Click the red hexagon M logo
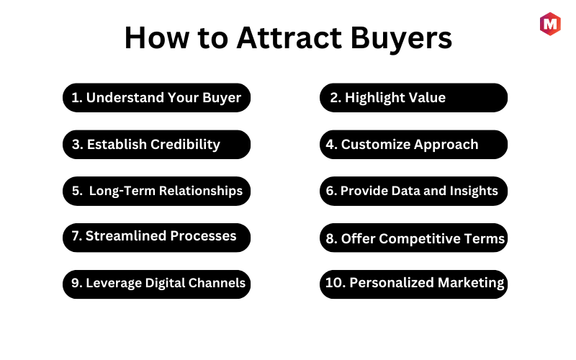tap(550, 24)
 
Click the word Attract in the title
tap(289, 37)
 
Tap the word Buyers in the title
tap(401, 39)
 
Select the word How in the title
tap(157, 37)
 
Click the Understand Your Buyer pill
tap(156, 98)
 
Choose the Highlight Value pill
tap(413, 98)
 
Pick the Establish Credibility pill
tap(156, 145)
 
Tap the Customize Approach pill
tap(413, 145)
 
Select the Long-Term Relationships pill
tap(156, 191)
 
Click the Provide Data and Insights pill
tap(413, 191)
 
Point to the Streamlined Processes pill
tap(156, 238)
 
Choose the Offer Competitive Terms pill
tap(413, 238)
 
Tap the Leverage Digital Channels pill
tap(156, 284)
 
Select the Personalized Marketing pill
tap(413, 284)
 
